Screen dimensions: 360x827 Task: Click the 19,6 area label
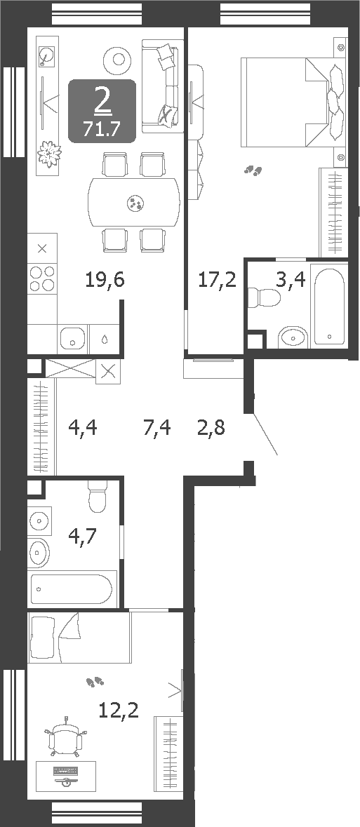(x=105, y=280)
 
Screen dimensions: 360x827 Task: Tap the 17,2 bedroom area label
(x=217, y=280)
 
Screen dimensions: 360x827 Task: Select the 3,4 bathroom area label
(x=291, y=280)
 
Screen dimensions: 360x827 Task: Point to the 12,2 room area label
(x=119, y=711)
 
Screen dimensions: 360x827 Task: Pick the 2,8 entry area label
(x=211, y=426)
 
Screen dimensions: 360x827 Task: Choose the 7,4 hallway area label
(x=156, y=426)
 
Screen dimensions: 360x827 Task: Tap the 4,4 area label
(x=83, y=426)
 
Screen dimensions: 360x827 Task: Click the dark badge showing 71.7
(x=102, y=111)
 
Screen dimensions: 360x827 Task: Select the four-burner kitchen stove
(x=42, y=278)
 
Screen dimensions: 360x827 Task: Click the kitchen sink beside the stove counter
(x=72, y=338)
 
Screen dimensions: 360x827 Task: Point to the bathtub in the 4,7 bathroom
(x=71, y=589)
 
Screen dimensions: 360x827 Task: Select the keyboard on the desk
(x=66, y=771)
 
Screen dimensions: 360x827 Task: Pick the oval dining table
(x=133, y=202)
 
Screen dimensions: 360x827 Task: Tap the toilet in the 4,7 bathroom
(x=98, y=496)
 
